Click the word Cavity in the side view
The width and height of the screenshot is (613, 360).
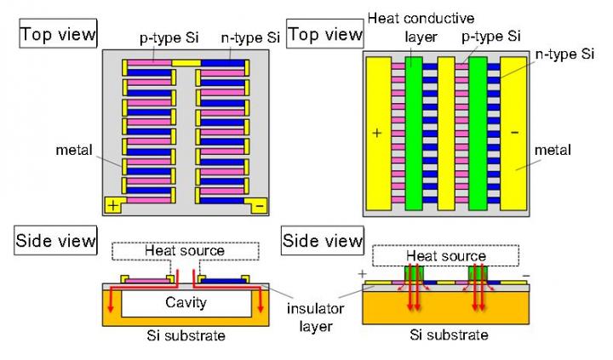[x=186, y=302]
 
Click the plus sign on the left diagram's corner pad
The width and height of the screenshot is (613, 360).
[x=112, y=204]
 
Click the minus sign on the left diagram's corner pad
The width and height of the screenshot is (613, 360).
[x=259, y=205]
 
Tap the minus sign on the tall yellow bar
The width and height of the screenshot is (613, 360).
[x=514, y=134]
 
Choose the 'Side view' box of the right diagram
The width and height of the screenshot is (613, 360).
[x=323, y=241]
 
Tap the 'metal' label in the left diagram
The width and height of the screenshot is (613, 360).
[x=73, y=150]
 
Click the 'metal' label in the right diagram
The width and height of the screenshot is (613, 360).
[x=553, y=151]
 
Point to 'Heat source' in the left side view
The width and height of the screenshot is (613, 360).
[x=184, y=250]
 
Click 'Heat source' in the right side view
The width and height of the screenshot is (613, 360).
[x=445, y=255]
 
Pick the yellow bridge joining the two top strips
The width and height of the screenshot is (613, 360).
[x=186, y=63]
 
